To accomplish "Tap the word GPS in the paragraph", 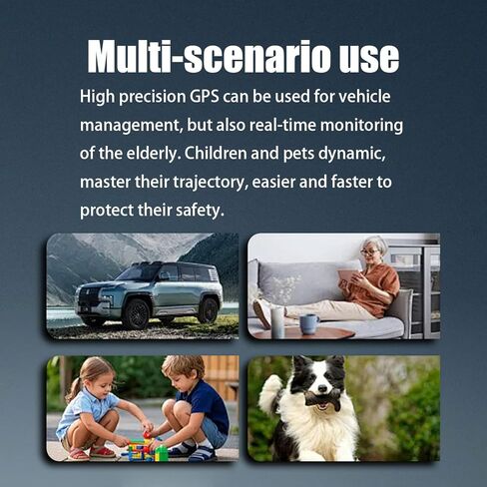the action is [x=205, y=97].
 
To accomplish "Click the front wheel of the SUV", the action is [x=136, y=313].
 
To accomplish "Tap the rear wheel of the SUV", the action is [x=209, y=310].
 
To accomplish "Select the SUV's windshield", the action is [x=139, y=271].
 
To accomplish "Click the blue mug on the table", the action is [x=309, y=324].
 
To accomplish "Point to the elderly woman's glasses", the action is [x=369, y=251].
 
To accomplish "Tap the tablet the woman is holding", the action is [x=347, y=277].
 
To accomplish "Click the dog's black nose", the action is [x=322, y=388].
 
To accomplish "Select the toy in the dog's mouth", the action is [x=323, y=399].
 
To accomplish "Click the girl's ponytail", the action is [x=74, y=389].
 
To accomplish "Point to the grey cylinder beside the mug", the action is [x=277, y=322].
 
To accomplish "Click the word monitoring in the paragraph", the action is [x=361, y=126].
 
